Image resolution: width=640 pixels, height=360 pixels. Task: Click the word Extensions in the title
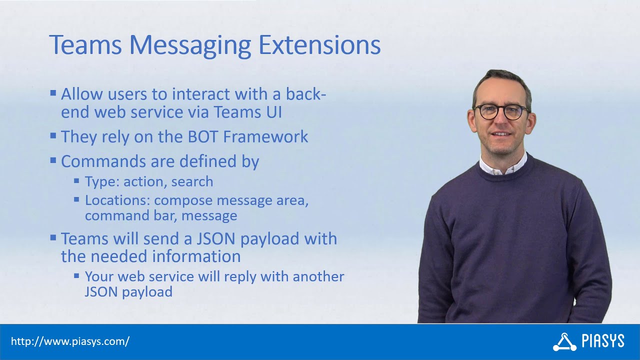pyautogui.click(x=319, y=45)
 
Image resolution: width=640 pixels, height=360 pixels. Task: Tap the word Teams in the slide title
pyautogui.click(x=85, y=45)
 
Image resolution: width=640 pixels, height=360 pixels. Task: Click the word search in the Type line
pyautogui.click(x=192, y=181)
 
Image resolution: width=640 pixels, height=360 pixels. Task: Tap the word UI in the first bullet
pyautogui.click(x=271, y=112)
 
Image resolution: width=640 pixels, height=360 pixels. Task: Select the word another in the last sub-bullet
pyautogui.click(x=318, y=276)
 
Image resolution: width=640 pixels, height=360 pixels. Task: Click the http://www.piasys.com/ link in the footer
pyautogui.click(x=70, y=341)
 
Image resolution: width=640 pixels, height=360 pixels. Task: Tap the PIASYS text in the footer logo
pyautogui.click(x=603, y=341)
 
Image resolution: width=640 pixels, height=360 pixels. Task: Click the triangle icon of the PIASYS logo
pyautogui.click(x=564, y=342)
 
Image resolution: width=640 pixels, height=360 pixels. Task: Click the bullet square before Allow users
pyautogui.click(x=53, y=93)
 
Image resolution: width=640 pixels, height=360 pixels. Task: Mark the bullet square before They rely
pyautogui.click(x=53, y=135)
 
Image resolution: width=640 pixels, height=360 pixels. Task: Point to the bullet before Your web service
pyautogui.click(x=76, y=275)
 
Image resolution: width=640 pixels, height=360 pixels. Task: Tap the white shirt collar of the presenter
pyautogui.click(x=502, y=167)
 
